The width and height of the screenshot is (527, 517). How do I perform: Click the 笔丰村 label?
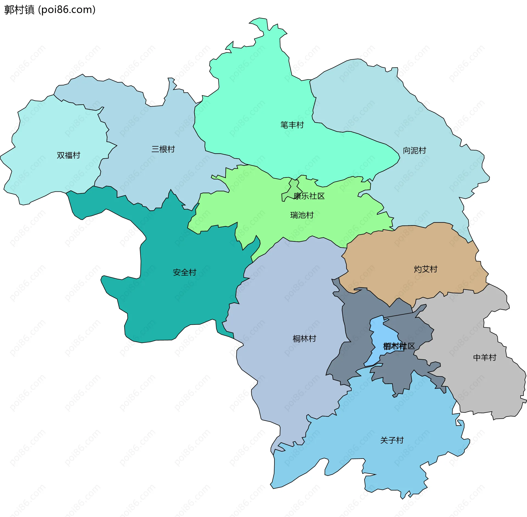pyautogui.click(x=292, y=125)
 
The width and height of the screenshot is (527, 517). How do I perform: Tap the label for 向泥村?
pyautogui.click(x=414, y=150)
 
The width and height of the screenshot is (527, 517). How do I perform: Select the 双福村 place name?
pyautogui.click(x=68, y=155)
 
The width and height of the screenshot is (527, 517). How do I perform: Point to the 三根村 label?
pyautogui.click(x=163, y=149)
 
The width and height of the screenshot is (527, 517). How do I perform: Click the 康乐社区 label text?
pyautogui.click(x=309, y=196)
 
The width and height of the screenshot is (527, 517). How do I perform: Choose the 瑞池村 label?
pyautogui.click(x=302, y=215)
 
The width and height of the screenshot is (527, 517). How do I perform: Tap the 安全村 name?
pyautogui.click(x=184, y=272)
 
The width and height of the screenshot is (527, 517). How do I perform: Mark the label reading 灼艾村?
pyautogui.click(x=425, y=269)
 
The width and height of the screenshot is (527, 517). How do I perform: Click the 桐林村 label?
pyautogui.click(x=304, y=339)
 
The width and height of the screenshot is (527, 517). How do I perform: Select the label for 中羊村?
pyautogui.click(x=485, y=357)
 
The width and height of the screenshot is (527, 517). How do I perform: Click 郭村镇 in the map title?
pyautogui.click(x=19, y=10)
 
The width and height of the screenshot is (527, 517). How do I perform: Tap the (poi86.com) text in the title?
pyautogui.click(x=67, y=10)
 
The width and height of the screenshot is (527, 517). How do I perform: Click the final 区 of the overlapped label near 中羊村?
pyautogui.click(x=411, y=346)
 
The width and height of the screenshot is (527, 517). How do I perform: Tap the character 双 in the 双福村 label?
pyautogui.click(x=61, y=155)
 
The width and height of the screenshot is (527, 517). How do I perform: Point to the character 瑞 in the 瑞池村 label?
pyautogui.click(x=294, y=215)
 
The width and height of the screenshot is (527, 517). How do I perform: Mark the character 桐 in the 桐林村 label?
pyautogui.click(x=296, y=339)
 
